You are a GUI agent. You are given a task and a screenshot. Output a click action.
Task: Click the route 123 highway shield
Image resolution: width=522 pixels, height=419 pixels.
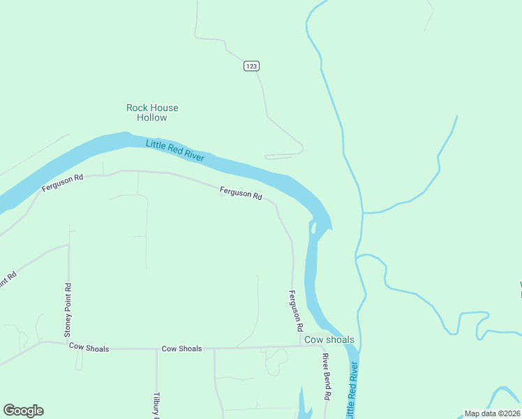pyautogui.click(x=252, y=66)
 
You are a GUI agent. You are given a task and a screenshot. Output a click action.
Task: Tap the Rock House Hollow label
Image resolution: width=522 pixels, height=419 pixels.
pyautogui.click(x=152, y=112)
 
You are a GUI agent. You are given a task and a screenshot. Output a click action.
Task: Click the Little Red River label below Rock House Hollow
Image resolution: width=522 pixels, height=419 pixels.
pyautogui.click(x=175, y=151)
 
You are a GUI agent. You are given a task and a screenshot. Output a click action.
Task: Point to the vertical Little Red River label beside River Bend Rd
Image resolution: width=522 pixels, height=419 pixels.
pyautogui.click(x=353, y=389)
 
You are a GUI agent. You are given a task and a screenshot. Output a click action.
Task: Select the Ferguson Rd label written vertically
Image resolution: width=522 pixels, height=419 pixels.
pyautogui.click(x=297, y=311)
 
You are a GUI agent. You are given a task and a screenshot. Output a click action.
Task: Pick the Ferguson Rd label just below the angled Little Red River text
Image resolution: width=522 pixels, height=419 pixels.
pyautogui.click(x=240, y=193)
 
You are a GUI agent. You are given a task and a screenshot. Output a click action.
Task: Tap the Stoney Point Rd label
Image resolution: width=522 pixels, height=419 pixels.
pyautogui.click(x=68, y=310)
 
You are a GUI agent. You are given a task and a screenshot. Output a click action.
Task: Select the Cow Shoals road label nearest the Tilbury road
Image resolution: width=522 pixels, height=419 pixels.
pyautogui.click(x=181, y=348)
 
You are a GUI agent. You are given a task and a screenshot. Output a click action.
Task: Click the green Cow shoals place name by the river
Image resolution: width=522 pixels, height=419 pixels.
pyautogui.click(x=329, y=340)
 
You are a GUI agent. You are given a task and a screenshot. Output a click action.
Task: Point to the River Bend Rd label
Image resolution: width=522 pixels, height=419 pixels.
pyautogui.click(x=326, y=376)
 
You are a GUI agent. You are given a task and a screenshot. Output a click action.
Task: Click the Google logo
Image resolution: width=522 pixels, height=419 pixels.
pyautogui.click(x=23, y=411)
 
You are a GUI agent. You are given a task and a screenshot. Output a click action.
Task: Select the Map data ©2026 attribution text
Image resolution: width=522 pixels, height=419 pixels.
pyautogui.click(x=492, y=413)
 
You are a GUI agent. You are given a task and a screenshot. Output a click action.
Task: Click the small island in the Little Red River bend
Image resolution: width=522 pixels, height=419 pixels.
pyautogui.click(x=313, y=228)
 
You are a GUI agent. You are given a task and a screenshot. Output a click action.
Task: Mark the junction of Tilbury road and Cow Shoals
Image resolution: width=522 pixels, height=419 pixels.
pyautogui.click(x=156, y=348)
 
